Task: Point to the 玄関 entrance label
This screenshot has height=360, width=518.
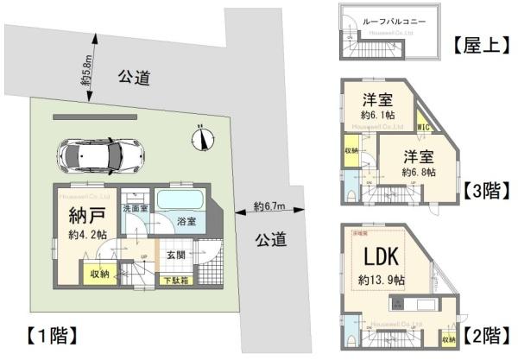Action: click(x=176, y=253)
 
